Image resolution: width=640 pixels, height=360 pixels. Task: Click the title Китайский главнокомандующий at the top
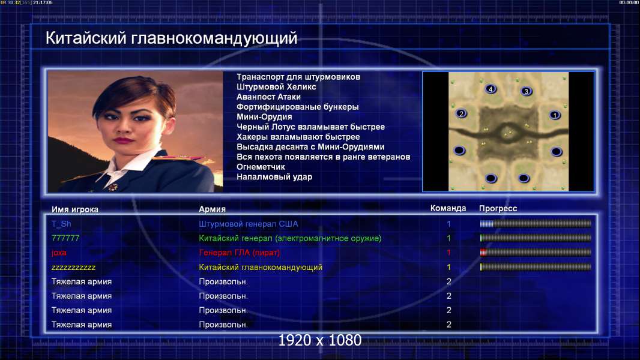pyautogui.click(x=172, y=38)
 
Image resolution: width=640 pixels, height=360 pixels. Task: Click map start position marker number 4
pyautogui.click(x=491, y=89)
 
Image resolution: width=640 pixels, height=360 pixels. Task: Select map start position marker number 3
pyautogui.click(x=527, y=91)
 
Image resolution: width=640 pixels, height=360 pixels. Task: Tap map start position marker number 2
pyautogui.click(x=461, y=113)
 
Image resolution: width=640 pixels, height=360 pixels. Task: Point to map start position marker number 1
pyautogui.click(x=555, y=115)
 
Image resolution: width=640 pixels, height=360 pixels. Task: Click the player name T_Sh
pyautogui.click(x=61, y=224)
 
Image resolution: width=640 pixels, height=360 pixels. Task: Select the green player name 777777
pyautogui.click(x=65, y=238)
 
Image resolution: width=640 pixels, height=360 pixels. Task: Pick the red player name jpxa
pyautogui.click(x=59, y=253)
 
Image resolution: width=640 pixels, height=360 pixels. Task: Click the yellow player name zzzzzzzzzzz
pyautogui.click(x=73, y=268)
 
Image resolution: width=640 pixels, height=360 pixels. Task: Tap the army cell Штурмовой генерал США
pyautogui.click(x=248, y=224)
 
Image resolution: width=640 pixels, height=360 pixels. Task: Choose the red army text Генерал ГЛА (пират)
pyautogui.click(x=240, y=253)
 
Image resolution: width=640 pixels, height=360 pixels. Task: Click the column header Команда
pyautogui.click(x=448, y=208)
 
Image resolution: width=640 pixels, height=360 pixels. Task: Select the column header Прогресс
pyautogui.click(x=498, y=208)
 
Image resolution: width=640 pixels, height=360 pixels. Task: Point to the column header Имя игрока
pyautogui.click(x=74, y=209)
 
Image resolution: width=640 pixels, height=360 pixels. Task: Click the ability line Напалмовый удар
pyautogui.click(x=274, y=177)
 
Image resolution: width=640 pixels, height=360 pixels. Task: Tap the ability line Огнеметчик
pyautogui.click(x=261, y=167)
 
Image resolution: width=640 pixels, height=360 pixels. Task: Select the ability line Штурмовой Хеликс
pyautogui.click(x=276, y=87)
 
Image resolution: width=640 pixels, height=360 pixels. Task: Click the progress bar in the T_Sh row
pyautogui.click(x=536, y=223)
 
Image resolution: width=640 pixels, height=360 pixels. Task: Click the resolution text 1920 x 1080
pyautogui.click(x=320, y=340)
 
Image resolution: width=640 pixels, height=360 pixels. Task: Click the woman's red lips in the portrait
pyautogui.click(x=123, y=140)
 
